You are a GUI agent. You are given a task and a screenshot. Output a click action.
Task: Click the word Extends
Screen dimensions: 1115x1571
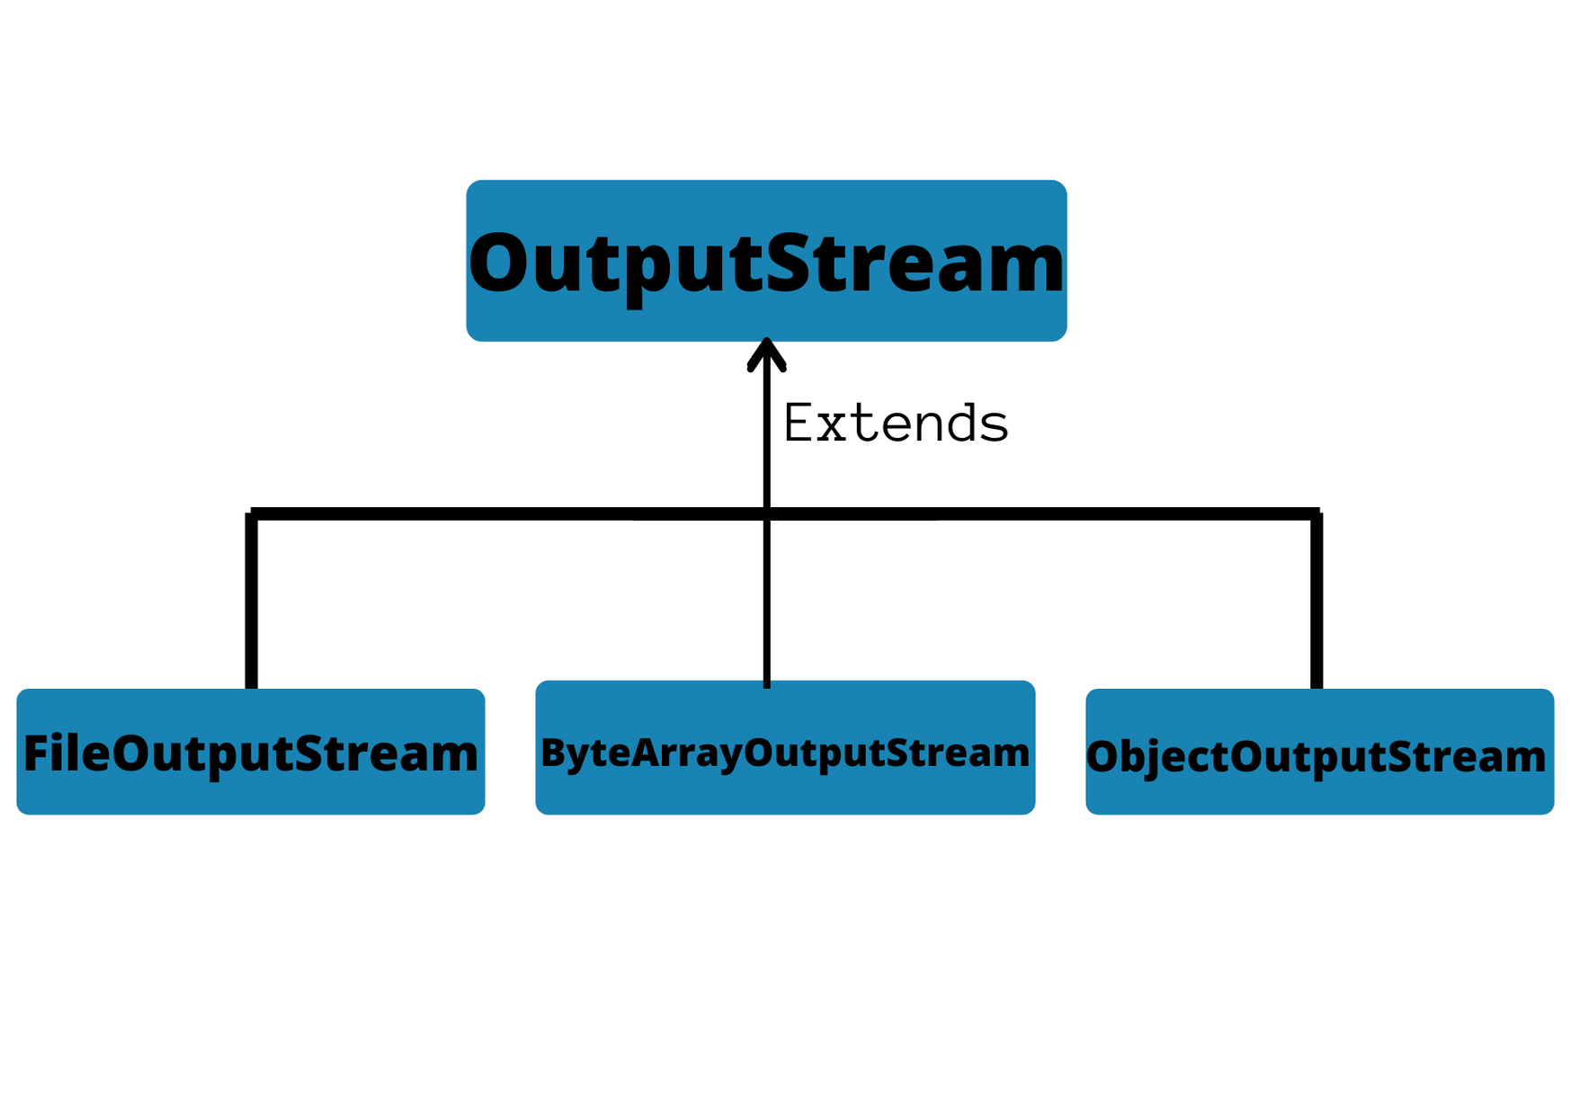point(896,424)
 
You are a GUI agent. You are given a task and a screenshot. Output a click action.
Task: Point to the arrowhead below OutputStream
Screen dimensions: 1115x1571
point(766,353)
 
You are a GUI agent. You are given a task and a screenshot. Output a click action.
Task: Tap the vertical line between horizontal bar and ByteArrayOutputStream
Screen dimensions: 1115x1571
point(766,602)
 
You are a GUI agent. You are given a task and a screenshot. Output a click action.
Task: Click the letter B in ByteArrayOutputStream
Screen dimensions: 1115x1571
point(552,753)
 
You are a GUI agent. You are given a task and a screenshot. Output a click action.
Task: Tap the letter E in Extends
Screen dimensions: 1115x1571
point(799,423)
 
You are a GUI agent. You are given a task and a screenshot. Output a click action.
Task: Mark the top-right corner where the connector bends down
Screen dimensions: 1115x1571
point(1317,514)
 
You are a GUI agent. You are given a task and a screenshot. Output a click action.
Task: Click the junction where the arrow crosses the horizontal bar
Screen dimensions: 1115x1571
point(766,514)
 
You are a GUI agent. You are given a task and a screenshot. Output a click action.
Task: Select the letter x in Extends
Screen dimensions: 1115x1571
point(833,427)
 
